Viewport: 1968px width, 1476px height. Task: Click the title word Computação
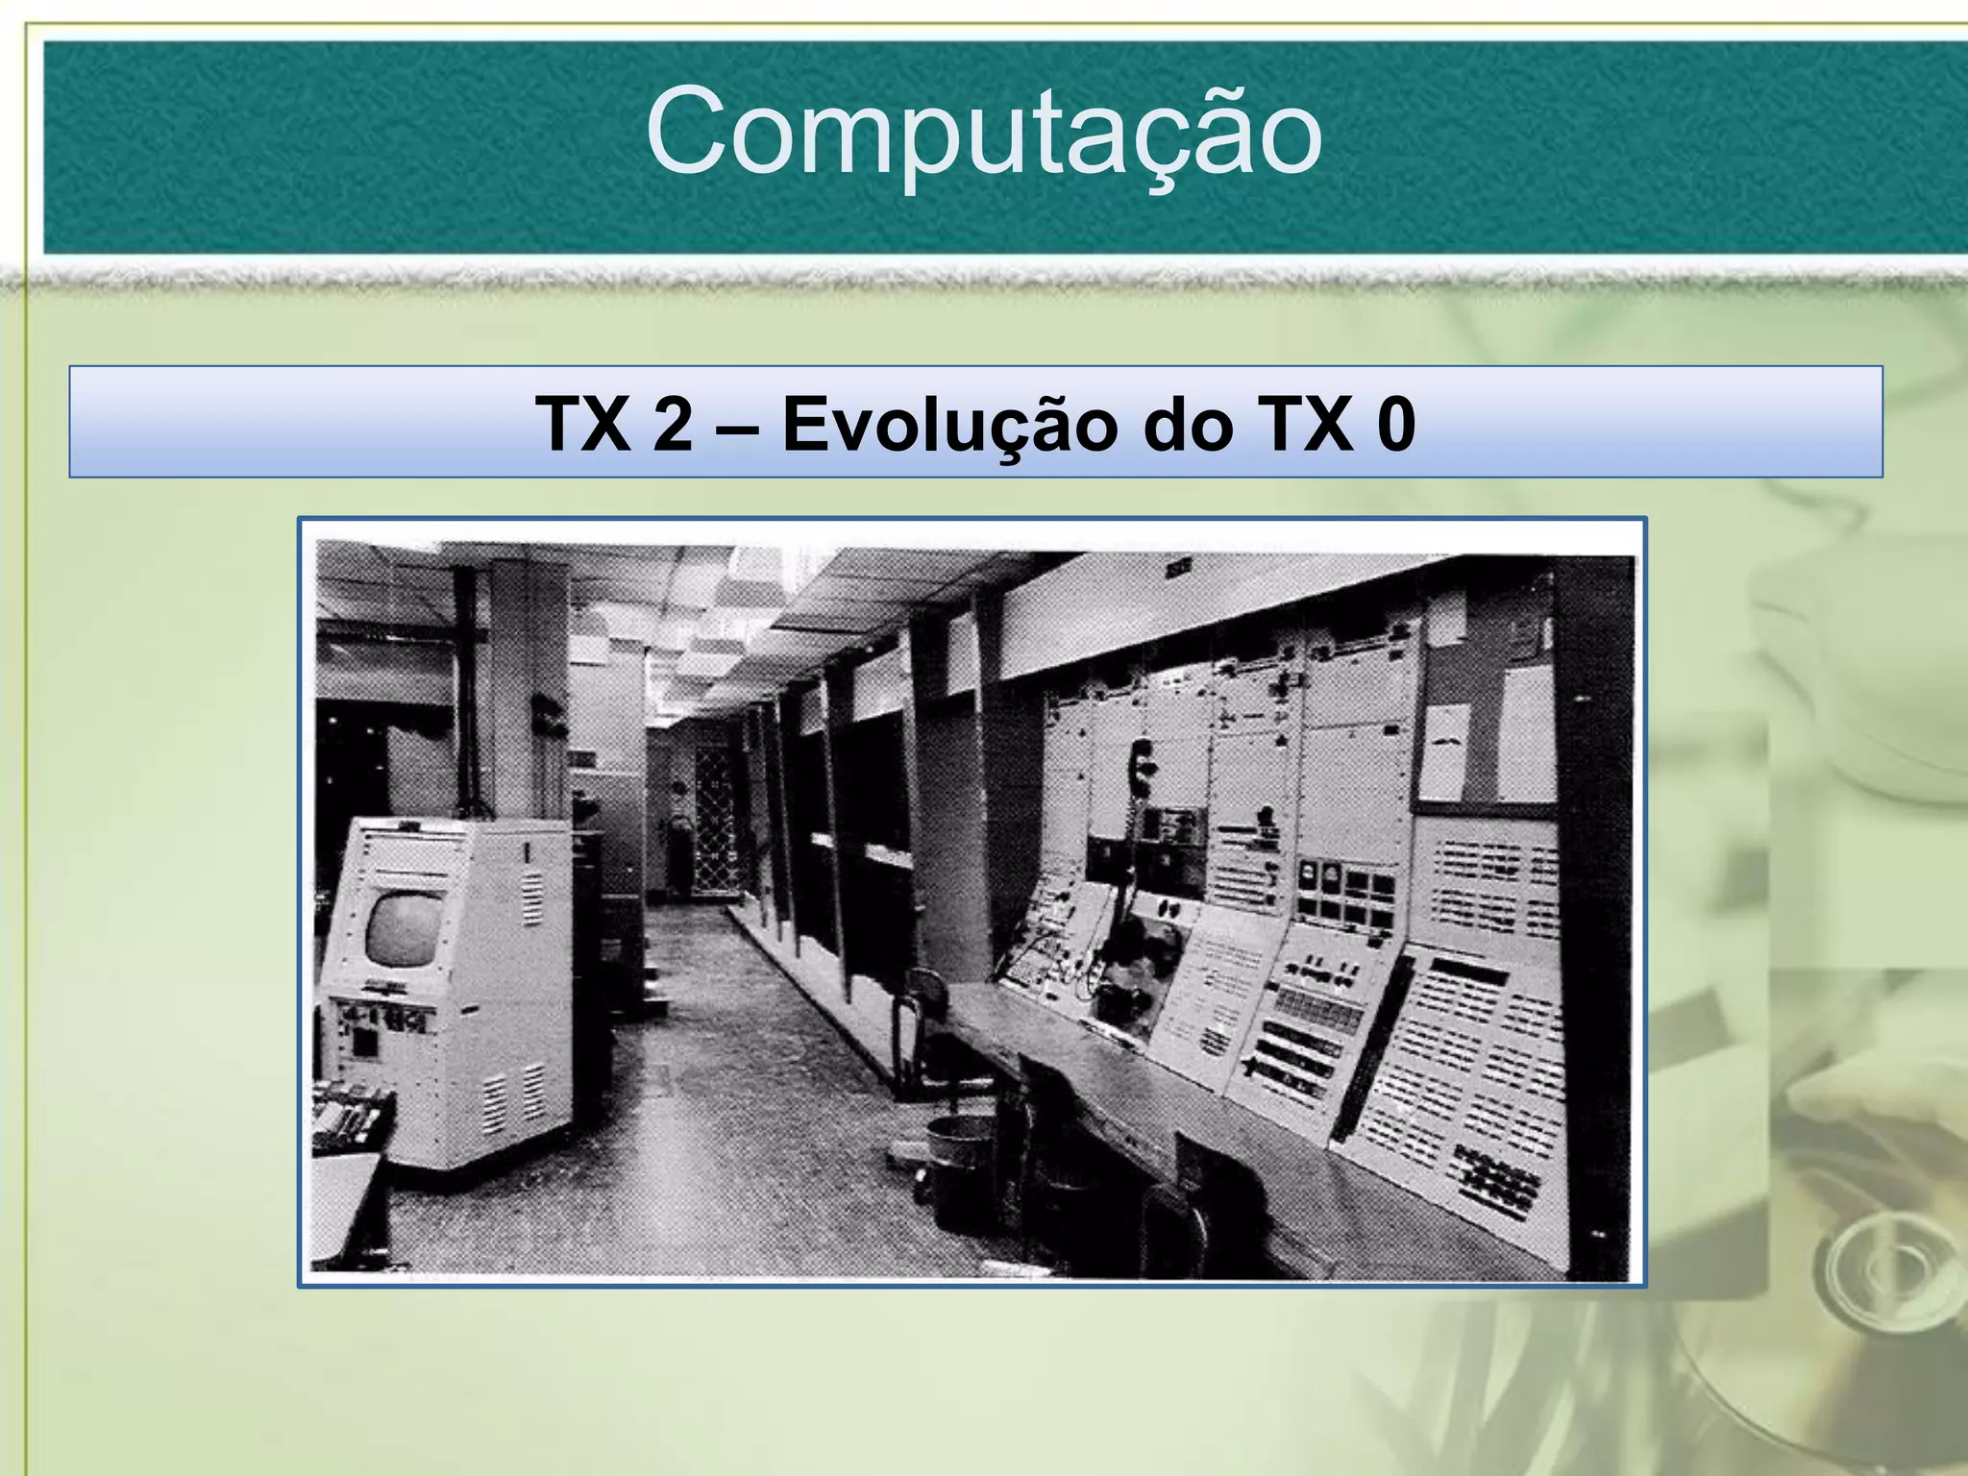tap(983, 133)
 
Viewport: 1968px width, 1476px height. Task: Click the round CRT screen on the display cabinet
tap(405, 929)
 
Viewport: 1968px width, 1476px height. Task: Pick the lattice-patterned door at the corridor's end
tap(715, 822)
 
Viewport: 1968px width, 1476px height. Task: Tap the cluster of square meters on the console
tap(1345, 893)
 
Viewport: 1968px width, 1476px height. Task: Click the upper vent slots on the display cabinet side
tap(531, 898)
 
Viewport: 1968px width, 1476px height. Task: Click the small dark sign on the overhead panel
tap(1178, 570)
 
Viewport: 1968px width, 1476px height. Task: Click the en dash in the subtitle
tap(736, 424)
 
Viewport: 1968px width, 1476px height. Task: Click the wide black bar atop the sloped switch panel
tap(1470, 971)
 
